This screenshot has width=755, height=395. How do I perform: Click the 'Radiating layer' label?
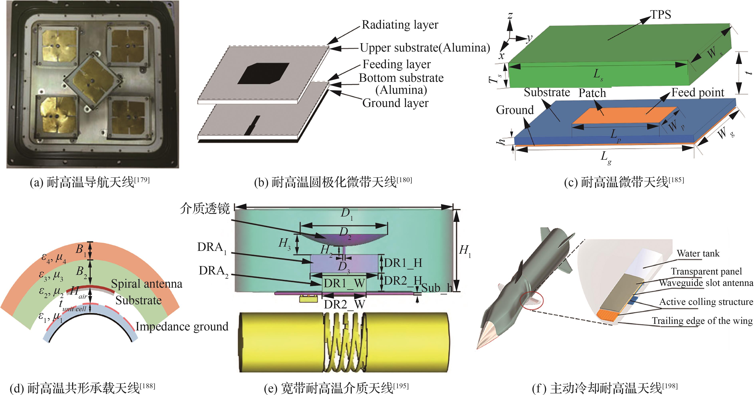pyautogui.click(x=400, y=25)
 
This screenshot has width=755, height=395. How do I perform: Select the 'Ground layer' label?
pyautogui.click(x=395, y=103)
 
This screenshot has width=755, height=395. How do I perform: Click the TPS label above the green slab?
pyautogui.click(x=660, y=14)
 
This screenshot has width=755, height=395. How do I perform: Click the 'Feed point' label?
pyautogui.click(x=697, y=93)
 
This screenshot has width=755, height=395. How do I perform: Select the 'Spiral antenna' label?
pyautogui.click(x=147, y=284)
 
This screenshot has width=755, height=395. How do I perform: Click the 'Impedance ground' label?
pyautogui.click(x=182, y=326)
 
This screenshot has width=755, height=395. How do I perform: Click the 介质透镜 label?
pyautogui.click(x=205, y=209)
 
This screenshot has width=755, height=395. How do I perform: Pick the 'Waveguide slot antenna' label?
pyautogui.click(x=706, y=283)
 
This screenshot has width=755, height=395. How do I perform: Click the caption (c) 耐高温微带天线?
pyautogui.click(x=624, y=182)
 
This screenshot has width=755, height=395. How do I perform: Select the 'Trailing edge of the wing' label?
pyautogui.click(x=702, y=321)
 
